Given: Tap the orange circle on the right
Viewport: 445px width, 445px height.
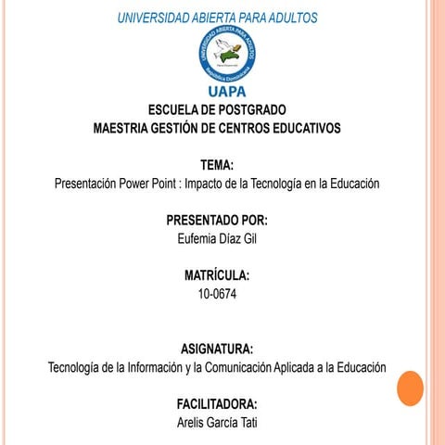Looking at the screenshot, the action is point(410,388).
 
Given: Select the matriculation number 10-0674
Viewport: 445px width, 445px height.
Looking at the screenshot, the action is point(217,294).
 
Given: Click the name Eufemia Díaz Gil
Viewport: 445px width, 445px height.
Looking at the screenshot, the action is point(217,238).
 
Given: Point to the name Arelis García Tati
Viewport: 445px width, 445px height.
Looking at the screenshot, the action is point(217,423).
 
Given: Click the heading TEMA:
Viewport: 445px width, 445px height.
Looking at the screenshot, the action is point(217,165).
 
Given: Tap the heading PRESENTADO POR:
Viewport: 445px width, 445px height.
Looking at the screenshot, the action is point(217,221).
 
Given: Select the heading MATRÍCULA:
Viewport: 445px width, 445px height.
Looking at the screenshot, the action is point(217,276).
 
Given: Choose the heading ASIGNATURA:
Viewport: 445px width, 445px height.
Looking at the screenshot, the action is point(217,350).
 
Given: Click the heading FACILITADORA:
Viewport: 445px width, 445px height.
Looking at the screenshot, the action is point(217,405).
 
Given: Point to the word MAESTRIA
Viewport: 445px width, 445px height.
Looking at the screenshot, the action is point(128,128).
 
